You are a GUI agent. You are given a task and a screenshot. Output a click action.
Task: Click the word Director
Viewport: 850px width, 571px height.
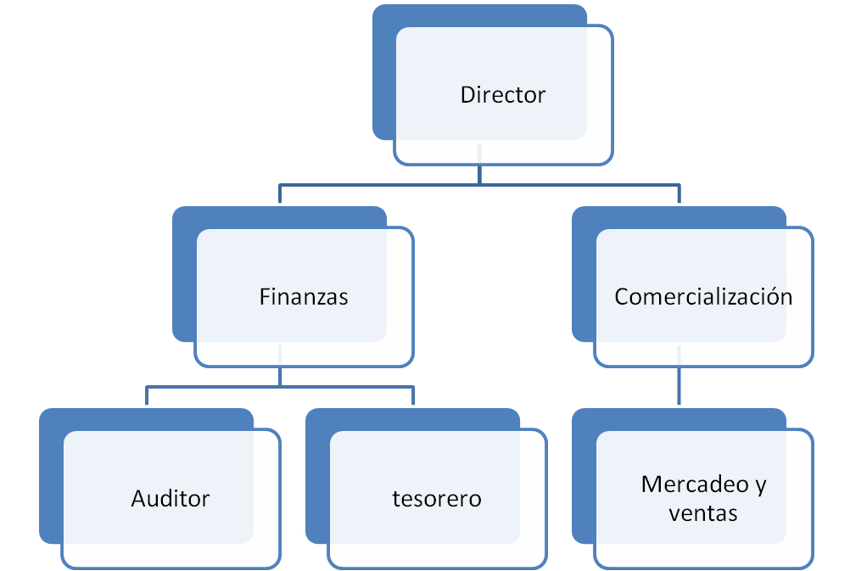(502, 94)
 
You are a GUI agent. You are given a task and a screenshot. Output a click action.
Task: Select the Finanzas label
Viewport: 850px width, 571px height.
(304, 297)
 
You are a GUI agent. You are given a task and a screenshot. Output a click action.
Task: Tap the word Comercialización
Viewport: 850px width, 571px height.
(703, 297)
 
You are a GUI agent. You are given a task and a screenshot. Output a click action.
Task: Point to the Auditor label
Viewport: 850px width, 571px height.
(170, 498)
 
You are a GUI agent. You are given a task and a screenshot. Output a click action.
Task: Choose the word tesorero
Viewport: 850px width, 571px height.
(436, 498)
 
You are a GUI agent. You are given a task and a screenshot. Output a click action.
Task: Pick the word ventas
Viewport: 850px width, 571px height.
(702, 512)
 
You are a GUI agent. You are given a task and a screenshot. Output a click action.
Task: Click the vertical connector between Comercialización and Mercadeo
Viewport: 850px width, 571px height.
(679, 387)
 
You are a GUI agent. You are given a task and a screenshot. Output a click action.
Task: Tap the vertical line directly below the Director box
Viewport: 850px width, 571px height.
(479, 173)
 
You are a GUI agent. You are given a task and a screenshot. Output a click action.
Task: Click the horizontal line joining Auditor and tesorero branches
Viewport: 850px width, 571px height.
(280, 386)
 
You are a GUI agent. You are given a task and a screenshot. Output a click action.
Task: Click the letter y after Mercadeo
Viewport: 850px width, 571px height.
(759, 485)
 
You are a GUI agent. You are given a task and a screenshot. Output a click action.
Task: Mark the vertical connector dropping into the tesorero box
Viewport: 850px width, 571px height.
(413, 396)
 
